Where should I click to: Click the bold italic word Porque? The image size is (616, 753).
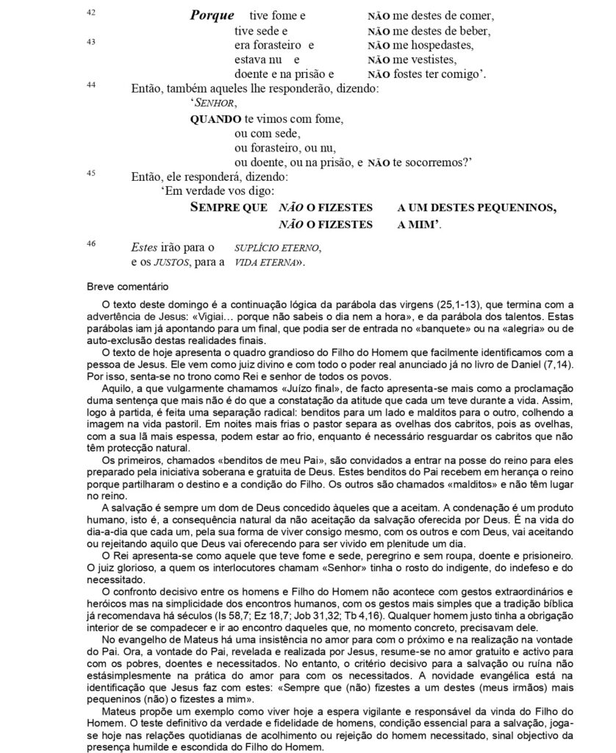(212, 15)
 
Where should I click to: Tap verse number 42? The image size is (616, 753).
(90, 13)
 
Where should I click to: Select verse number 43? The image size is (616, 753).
(90, 42)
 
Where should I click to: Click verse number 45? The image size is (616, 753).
(90, 174)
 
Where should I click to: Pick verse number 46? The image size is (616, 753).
(90, 243)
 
